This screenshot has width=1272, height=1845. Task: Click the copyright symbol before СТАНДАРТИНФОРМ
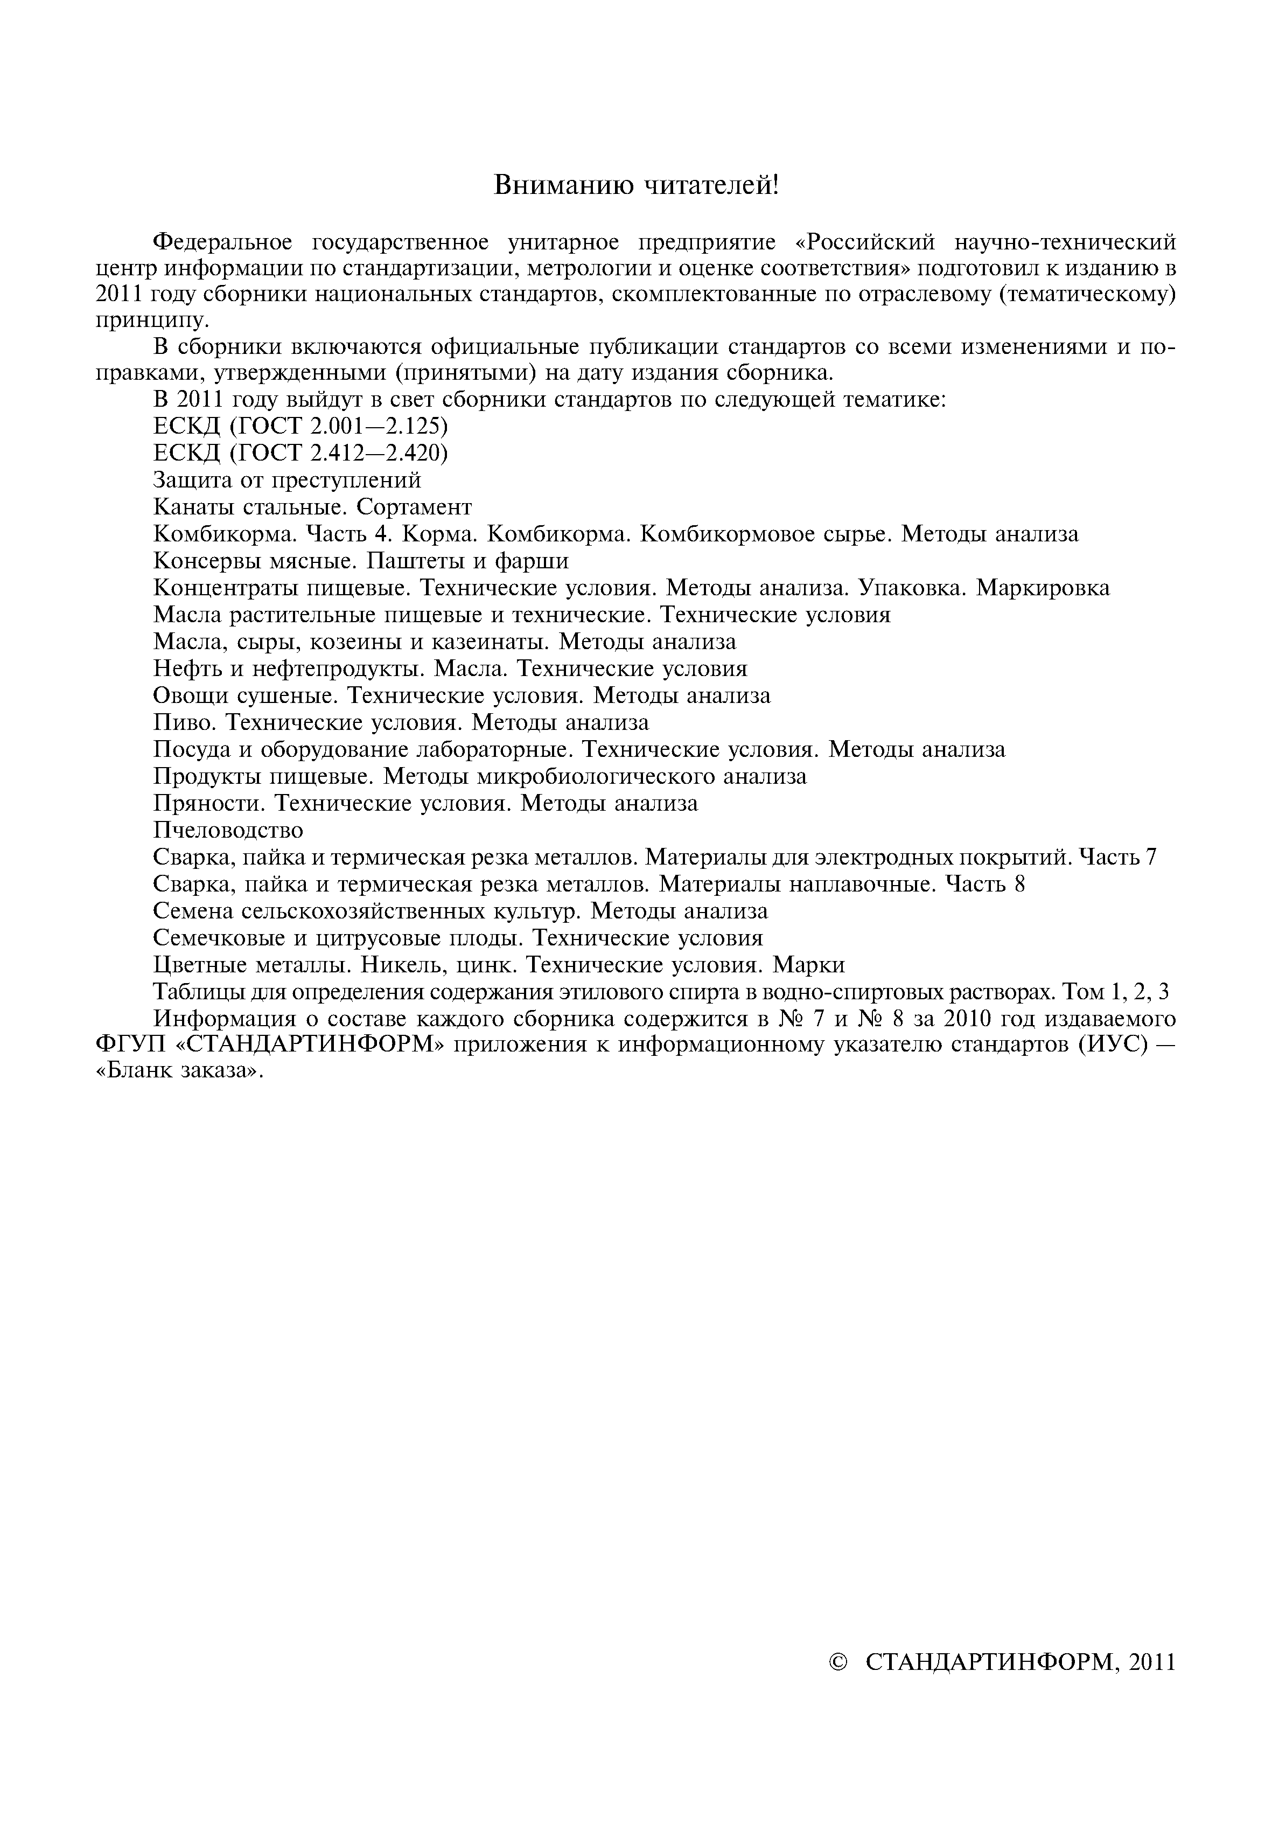(x=839, y=1662)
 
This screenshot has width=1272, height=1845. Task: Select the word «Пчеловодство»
(x=228, y=831)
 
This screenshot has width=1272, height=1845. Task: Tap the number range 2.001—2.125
(x=379, y=427)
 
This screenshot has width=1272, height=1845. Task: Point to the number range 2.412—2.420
(x=379, y=454)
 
